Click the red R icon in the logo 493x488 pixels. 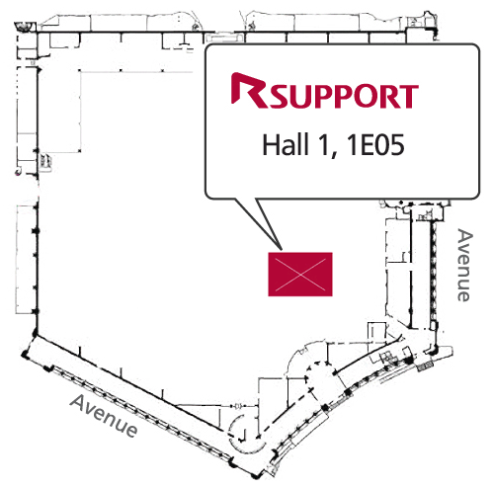(249, 91)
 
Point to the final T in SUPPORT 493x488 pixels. (409, 97)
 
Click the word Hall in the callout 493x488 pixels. (286, 144)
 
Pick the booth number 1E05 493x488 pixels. (375, 145)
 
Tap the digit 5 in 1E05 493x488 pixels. (395, 145)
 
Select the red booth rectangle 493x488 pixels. (300, 275)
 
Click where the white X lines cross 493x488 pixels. (300, 275)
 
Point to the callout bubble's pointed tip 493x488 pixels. (282, 249)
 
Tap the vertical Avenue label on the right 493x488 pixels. (464, 265)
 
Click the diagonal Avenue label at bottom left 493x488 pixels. (104, 416)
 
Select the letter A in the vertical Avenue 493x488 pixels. (465, 236)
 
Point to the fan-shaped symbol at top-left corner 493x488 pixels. (24, 27)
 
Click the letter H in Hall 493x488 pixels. (270, 145)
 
